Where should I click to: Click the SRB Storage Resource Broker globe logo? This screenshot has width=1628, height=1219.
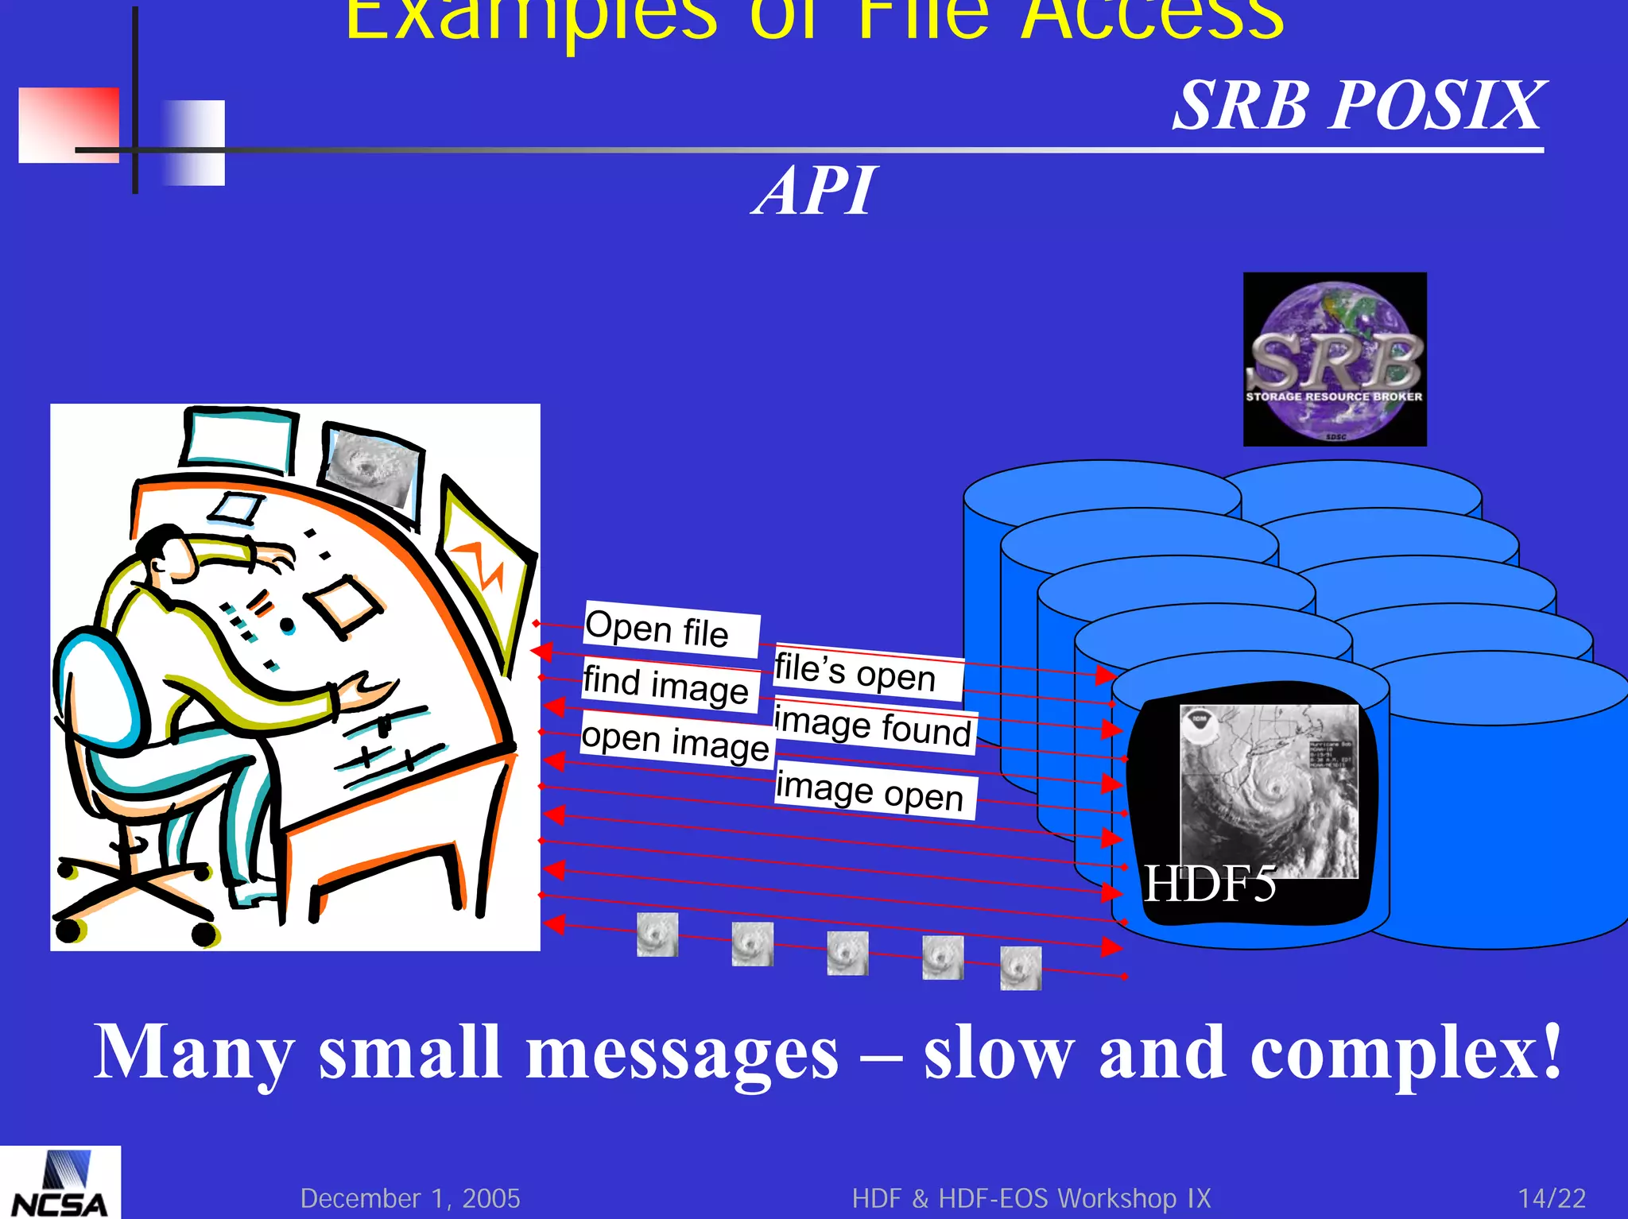pyautogui.click(x=1335, y=359)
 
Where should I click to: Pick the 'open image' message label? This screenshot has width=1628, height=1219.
pyautogui.click(x=675, y=741)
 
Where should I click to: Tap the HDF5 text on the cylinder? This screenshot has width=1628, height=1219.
pyautogui.click(x=1210, y=884)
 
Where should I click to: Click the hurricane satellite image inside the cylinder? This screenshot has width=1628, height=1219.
pyautogui.click(x=1269, y=791)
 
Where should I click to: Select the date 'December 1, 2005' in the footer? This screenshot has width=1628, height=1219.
pyautogui.click(x=410, y=1198)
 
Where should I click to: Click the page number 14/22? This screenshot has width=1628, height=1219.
pyautogui.click(x=1552, y=1198)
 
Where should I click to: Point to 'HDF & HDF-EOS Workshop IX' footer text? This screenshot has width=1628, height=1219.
pyautogui.click(x=1031, y=1198)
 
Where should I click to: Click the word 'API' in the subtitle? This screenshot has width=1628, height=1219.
pyautogui.click(x=815, y=192)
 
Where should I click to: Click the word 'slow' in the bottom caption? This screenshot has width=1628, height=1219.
pyautogui.click(x=998, y=1054)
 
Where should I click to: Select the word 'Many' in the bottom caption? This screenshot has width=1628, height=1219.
pyautogui.click(x=193, y=1054)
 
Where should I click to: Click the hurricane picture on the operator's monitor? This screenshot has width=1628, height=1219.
pyautogui.click(x=372, y=469)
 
